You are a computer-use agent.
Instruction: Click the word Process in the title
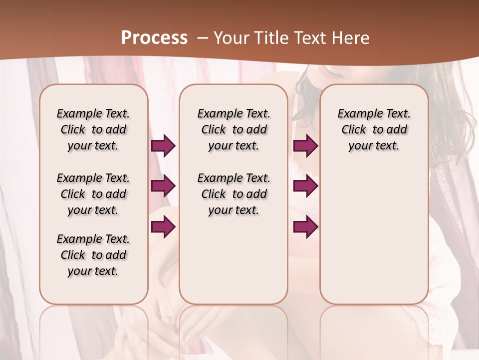(x=154, y=38)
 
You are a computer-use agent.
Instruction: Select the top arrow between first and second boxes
(x=163, y=145)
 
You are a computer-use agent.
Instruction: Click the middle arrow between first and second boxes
(x=163, y=186)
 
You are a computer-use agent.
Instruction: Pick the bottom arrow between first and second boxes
(x=163, y=227)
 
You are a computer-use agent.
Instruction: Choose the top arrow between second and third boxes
(x=305, y=145)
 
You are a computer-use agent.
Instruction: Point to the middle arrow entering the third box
(x=305, y=186)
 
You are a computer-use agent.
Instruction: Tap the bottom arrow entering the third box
(x=305, y=227)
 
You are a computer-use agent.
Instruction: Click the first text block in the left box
(x=93, y=129)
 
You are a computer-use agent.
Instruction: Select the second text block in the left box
(x=93, y=194)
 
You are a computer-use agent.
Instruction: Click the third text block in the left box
(x=93, y=255)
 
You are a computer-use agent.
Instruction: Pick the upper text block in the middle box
(x=234, y=129)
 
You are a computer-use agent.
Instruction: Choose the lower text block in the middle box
(x=234, y=194)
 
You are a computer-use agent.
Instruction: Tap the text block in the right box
(x=374, y=129)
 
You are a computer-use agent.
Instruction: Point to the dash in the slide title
(x=203, y=38)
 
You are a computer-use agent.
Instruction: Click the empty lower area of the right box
(x=374, y=240)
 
